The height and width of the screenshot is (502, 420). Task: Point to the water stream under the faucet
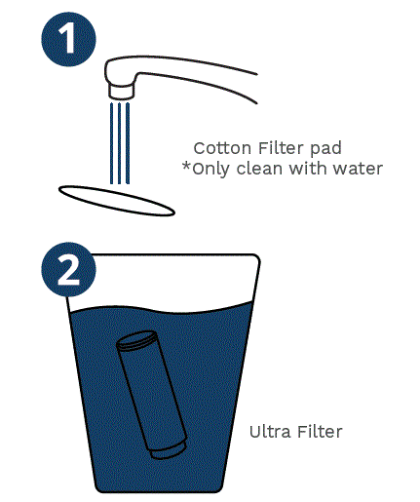(119, 141)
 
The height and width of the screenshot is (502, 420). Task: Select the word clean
(264, 169)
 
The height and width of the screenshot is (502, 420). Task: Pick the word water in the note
(360, 169)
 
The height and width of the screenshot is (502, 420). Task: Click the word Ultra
(269, 431)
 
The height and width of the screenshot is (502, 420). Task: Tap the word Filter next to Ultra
(319, 431)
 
